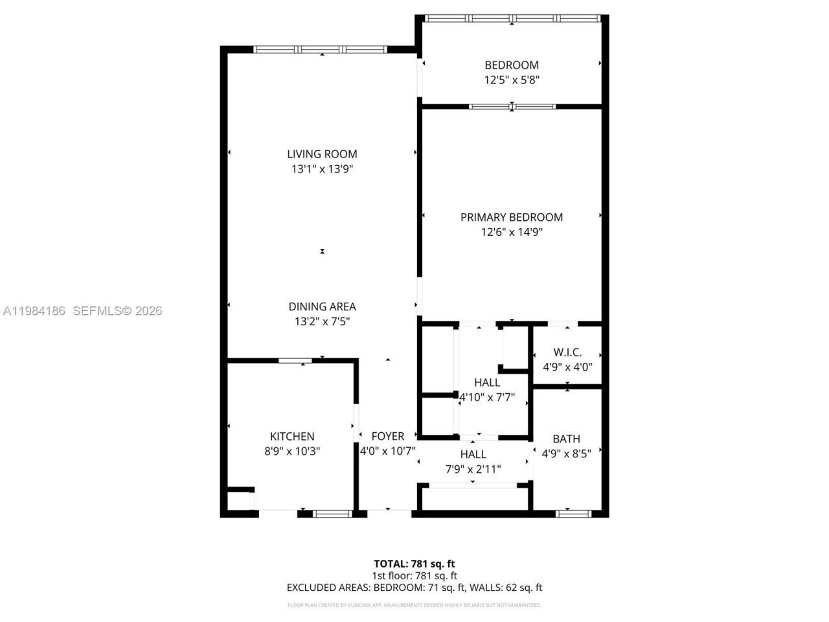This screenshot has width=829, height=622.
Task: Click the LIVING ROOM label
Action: tap(322, 154)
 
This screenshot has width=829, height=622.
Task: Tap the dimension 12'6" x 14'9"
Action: tap(511, 232)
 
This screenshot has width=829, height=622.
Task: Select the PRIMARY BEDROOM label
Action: tap(511, 217)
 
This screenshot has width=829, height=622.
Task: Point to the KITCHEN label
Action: tap(292, 437)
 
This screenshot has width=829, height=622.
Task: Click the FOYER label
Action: tap(387, 437)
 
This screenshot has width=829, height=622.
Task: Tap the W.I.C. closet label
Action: tap(567, 352)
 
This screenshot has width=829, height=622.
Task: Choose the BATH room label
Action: tap(566, 439)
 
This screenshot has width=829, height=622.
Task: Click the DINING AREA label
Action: tap(322, 306)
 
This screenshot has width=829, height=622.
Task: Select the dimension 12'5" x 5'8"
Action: tap(512, 80)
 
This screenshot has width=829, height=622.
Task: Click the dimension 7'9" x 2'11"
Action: tap(473, 469)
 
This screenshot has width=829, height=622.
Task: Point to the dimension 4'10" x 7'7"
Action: tap(486, 397)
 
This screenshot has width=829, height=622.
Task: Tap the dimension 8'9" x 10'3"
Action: tap(292, 452)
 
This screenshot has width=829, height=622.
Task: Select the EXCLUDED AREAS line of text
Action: tap(414, 588)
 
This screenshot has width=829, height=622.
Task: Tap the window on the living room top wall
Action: tap(321, 49)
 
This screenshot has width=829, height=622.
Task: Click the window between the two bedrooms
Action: tap(512, 106)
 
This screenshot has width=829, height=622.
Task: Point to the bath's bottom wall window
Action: tap(573, 514)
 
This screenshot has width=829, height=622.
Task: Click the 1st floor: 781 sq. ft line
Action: tap(414, 575)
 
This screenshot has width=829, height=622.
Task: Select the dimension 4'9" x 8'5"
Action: tap(566, 454)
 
